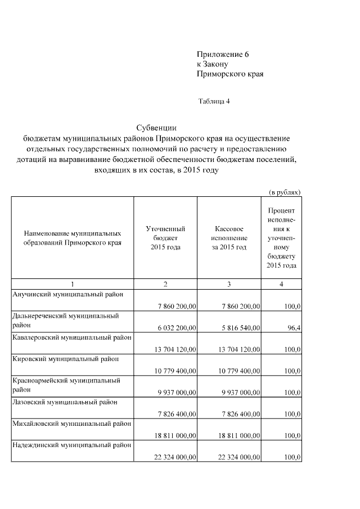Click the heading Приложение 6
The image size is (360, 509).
tap(222, 55)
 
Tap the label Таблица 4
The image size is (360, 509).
tap(214, 102)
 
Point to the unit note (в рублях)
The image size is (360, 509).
tap(285, 191)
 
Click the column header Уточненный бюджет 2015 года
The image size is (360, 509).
tap(165, 238)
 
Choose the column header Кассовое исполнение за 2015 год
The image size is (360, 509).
tap(229, 238)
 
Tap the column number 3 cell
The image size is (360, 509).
tap(229, 285)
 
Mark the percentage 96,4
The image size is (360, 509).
tap(292, 327)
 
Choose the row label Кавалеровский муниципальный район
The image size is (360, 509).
tap(72, 337)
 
